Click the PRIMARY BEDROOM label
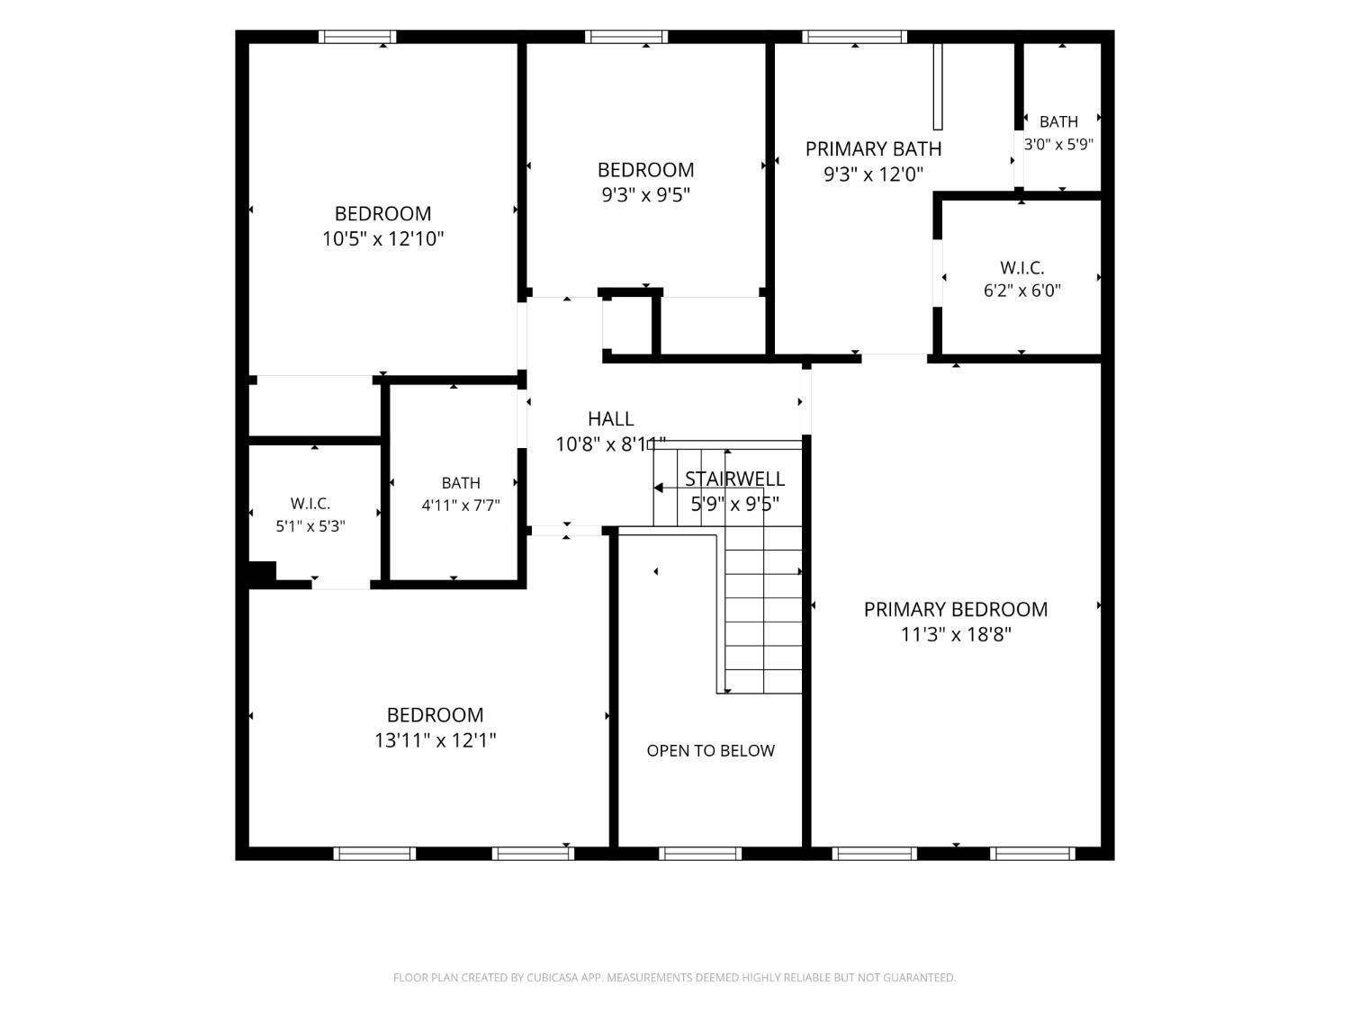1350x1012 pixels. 955,609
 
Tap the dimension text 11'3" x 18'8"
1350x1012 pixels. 956,634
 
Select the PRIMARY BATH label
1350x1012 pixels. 873,148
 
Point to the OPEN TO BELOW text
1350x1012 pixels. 710,750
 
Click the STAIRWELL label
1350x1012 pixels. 734,479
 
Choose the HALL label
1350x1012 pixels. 611,418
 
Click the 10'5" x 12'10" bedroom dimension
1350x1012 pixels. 383,238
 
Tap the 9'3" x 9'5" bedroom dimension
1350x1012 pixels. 646,195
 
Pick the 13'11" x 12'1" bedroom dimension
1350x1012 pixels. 436,739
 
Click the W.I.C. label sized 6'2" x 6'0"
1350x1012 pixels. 1022,268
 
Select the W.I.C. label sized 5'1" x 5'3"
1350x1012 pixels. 310,504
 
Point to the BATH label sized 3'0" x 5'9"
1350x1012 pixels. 1058,121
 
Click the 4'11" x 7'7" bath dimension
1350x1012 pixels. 461,506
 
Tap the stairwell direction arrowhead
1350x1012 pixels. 658,488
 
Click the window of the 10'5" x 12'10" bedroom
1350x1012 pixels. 357,37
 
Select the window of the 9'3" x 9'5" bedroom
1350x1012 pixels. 626,37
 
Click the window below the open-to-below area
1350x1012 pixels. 700,854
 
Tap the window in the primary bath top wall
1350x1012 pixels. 854,37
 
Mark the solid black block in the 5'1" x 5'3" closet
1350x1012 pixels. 262,571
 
